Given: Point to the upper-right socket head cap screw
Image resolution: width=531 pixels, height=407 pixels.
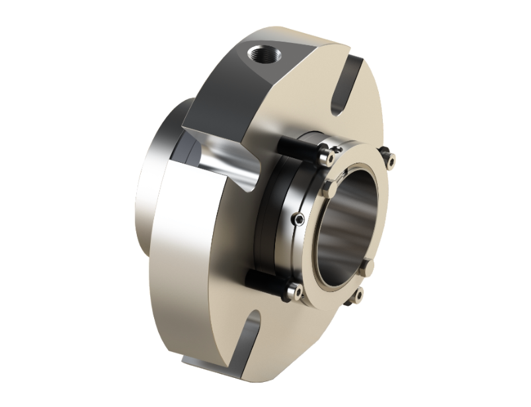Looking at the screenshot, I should (x=391, y=159).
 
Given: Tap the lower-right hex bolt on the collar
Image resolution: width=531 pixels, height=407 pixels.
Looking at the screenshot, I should (x=368, y=266).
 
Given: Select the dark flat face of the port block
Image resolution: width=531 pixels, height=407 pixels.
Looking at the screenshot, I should (x=218, y=86).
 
